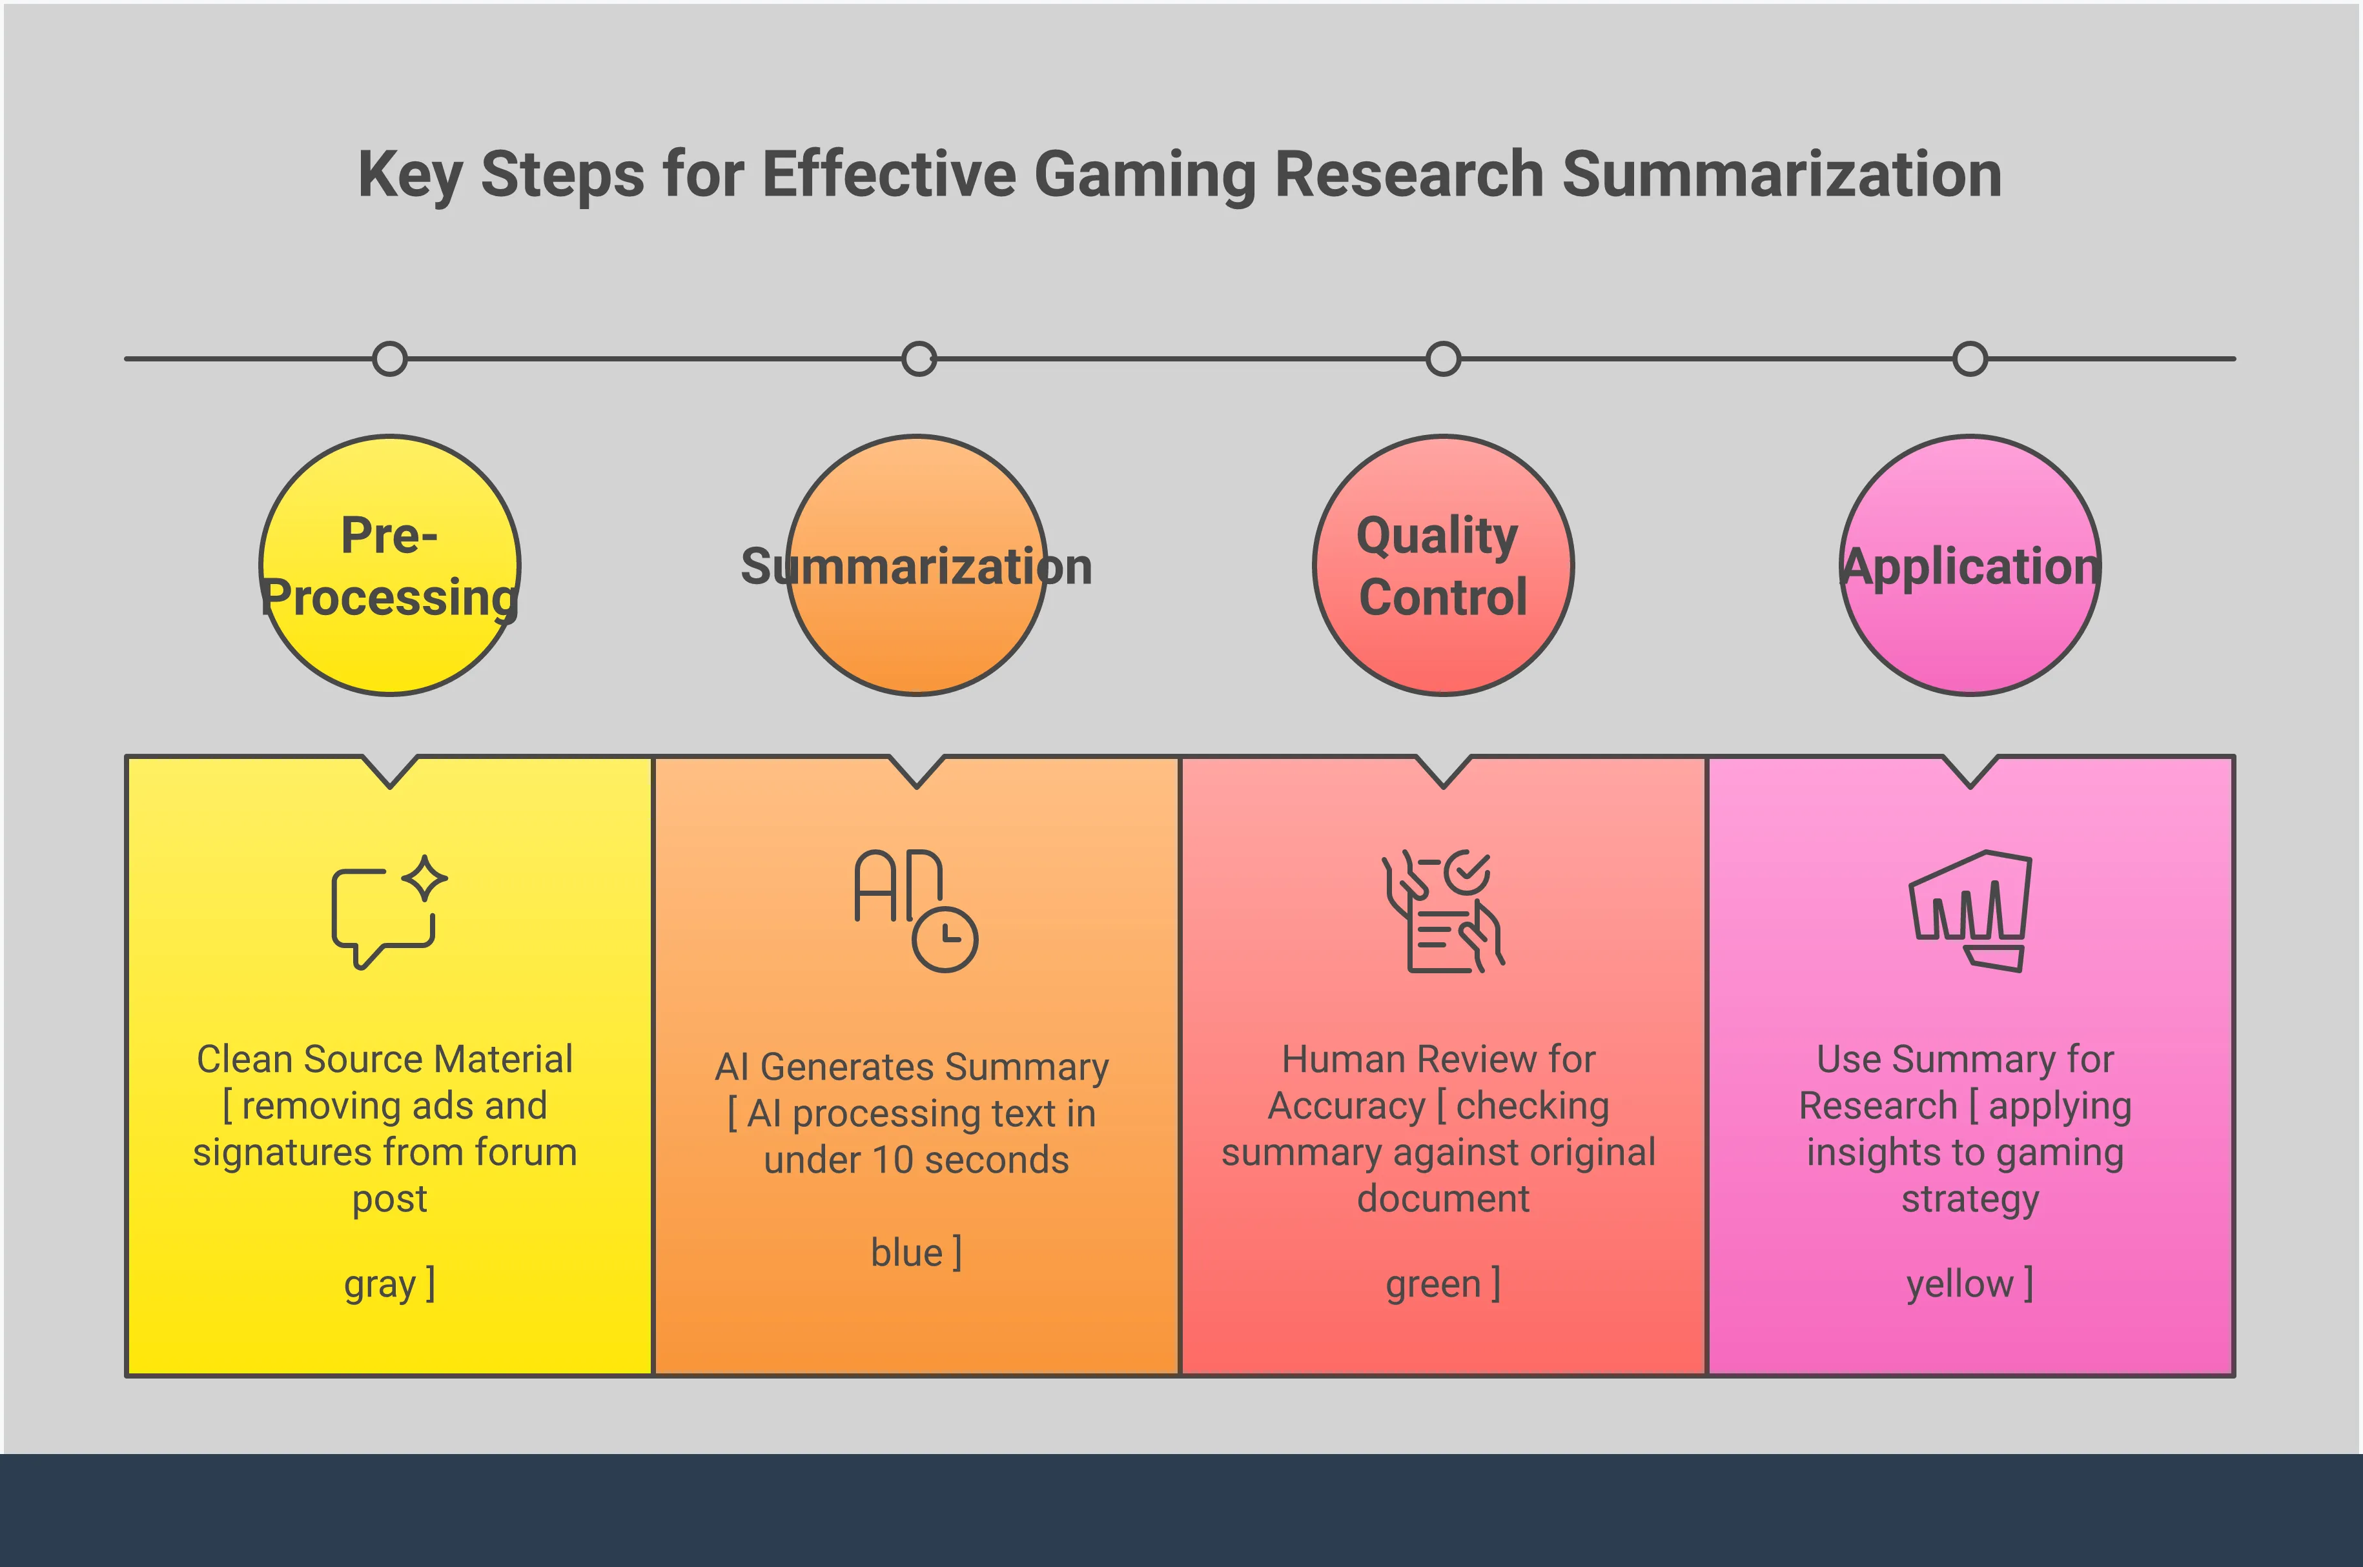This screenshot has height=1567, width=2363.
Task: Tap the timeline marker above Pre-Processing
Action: pos(390,359)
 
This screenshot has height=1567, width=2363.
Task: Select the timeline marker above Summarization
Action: pos(919,359)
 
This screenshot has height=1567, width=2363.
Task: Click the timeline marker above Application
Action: pos(1970,359)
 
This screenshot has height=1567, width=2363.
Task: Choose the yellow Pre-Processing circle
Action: pos(390,650)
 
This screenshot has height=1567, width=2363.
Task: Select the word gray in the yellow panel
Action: pos(380,1285)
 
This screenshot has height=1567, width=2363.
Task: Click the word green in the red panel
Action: pos(1433,1284)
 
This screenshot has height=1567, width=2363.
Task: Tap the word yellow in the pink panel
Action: pos(1959,1284)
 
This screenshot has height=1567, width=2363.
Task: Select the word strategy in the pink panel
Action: pos(1970,1199)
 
